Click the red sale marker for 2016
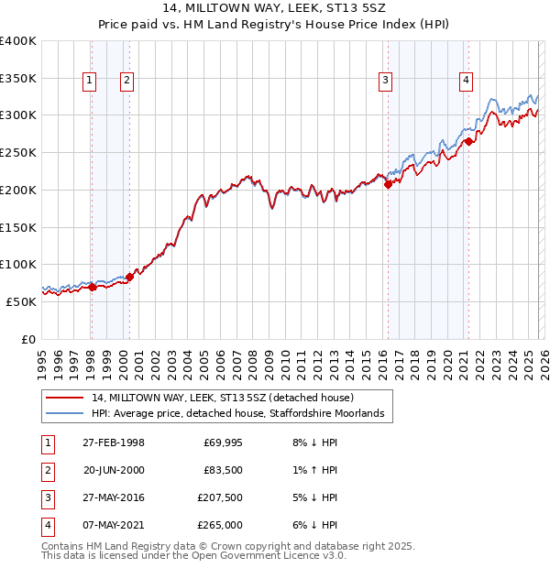tap(388, 184)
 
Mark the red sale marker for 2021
tap(468, 141)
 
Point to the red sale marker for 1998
tap(92, 287)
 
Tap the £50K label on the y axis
tap(22, 301)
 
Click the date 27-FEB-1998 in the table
tap(114, 442)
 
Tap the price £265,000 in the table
tap(220, 525)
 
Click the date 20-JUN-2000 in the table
tap(114, 470)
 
